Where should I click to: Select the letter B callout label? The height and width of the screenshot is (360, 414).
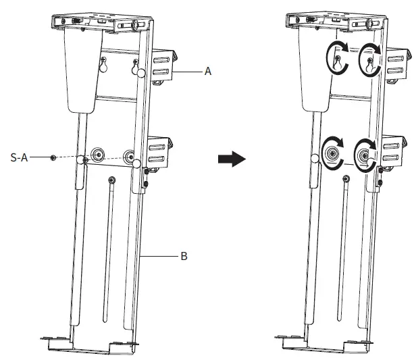[184, 257]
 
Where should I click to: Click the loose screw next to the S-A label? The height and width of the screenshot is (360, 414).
[53, 157]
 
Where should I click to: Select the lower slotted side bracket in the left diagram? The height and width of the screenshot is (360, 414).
[159, 153]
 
